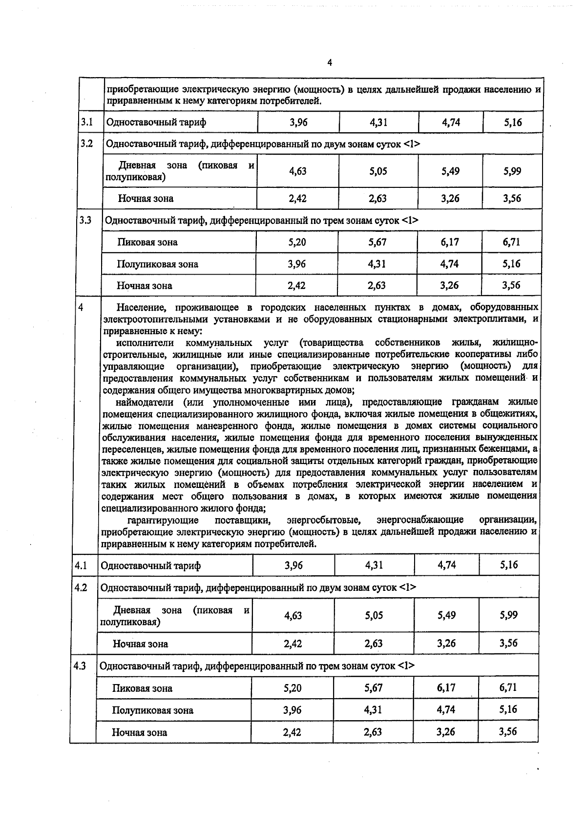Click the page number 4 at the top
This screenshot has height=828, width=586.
click(x=330, y=62)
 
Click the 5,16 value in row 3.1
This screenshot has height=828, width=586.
click(x=513, y=122)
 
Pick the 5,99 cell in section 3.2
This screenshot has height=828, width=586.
click(x=512, y=171)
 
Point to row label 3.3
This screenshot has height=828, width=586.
click(x=86, y=220)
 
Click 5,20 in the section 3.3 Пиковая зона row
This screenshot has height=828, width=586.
click(x=297, y=242)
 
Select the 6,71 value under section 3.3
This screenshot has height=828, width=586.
click(x=511, y=242)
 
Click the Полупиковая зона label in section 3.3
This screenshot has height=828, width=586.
click(x=157, y=264)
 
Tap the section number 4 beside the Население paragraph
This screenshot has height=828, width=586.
click(x=81, y=307)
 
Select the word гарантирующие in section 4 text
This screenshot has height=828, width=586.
click(x=163, y=520)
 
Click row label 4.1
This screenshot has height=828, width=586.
click(x=81, y=565)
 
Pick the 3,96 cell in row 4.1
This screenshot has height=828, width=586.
click(x=293, y=565)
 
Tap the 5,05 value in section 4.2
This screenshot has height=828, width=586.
click(x=374, y=615)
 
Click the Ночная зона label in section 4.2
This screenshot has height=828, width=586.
click(x=140, y=644)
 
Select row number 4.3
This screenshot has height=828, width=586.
click(x=81, y=666)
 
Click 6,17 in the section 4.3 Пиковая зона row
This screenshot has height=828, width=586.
click(x=446, y=687)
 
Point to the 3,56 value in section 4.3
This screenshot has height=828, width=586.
click(x=508, y=731)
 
